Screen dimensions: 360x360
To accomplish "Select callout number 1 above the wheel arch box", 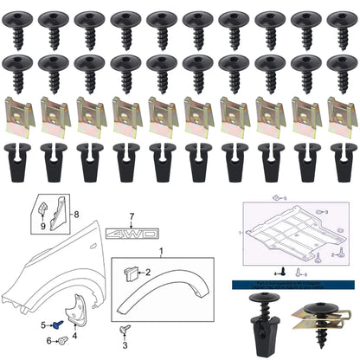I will point(159,252).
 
